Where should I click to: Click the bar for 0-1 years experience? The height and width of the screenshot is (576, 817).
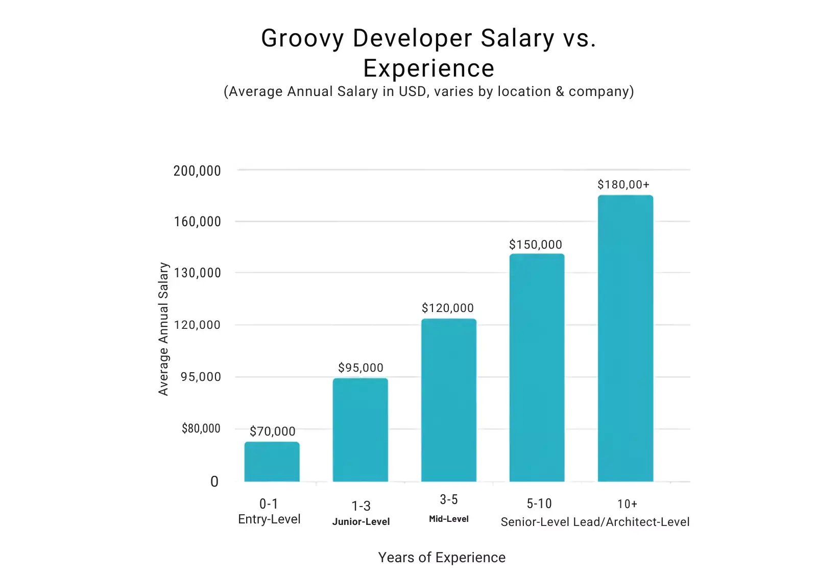coord(272,462)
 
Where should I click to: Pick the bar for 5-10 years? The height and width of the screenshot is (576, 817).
coord(537,368)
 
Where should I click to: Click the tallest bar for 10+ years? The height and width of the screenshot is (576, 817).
coord(625,338)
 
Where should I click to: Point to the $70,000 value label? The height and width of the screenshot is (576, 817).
coord(272,431)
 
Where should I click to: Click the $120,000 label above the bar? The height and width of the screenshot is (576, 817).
coord(447,308)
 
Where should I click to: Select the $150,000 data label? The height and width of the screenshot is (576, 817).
coord(535,245)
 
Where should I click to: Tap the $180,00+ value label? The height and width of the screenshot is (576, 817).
coord(623,184)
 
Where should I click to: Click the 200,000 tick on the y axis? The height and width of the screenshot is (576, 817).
coord(197,171)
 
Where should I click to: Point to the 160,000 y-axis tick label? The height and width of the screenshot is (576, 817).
coord(197,222)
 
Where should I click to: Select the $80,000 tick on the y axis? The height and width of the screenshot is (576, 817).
coord(201,428)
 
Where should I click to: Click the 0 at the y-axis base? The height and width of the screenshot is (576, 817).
coord(214,482)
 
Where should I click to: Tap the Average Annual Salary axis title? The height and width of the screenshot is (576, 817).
coord(163,329)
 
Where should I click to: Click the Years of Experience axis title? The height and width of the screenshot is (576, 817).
coord(442,557)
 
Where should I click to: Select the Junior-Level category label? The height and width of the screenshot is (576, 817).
coord(361,521)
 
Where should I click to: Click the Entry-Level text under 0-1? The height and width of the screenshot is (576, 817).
coord(269,519)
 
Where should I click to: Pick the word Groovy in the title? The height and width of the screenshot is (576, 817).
coord(302,38)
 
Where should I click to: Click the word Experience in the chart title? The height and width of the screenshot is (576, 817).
coord(428,68)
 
